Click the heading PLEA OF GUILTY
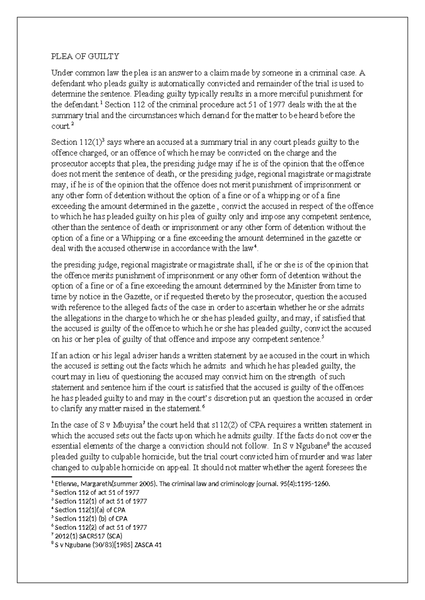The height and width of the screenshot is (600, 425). click(x=85, y=57)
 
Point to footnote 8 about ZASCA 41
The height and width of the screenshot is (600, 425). click(x=107, y=545)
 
